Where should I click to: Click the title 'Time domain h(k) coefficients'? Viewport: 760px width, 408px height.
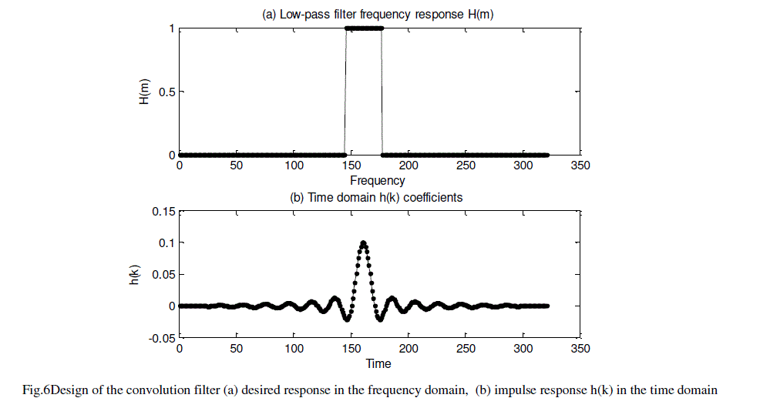pos(376,197)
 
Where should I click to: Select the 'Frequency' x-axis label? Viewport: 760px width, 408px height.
pos(377,181)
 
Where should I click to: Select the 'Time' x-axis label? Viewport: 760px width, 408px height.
pos(378,363)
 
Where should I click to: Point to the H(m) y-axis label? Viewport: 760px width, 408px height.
pos(144,92)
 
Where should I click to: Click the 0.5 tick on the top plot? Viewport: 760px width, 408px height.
pos(166,92)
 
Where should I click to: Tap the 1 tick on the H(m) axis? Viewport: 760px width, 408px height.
pos(172,28)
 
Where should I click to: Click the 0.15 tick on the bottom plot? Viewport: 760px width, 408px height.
pos(163,211)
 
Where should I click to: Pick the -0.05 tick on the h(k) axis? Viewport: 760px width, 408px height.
pos(160,337)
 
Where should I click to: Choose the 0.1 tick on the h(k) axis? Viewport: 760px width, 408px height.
pos(165,242)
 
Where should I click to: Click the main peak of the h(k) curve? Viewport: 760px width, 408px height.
pos(363,244)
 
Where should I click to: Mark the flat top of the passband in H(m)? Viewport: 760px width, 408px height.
pos(363,28)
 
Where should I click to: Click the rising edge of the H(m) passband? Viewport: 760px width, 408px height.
pos(345,92)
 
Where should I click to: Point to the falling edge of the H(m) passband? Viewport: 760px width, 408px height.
pos(382,92)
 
